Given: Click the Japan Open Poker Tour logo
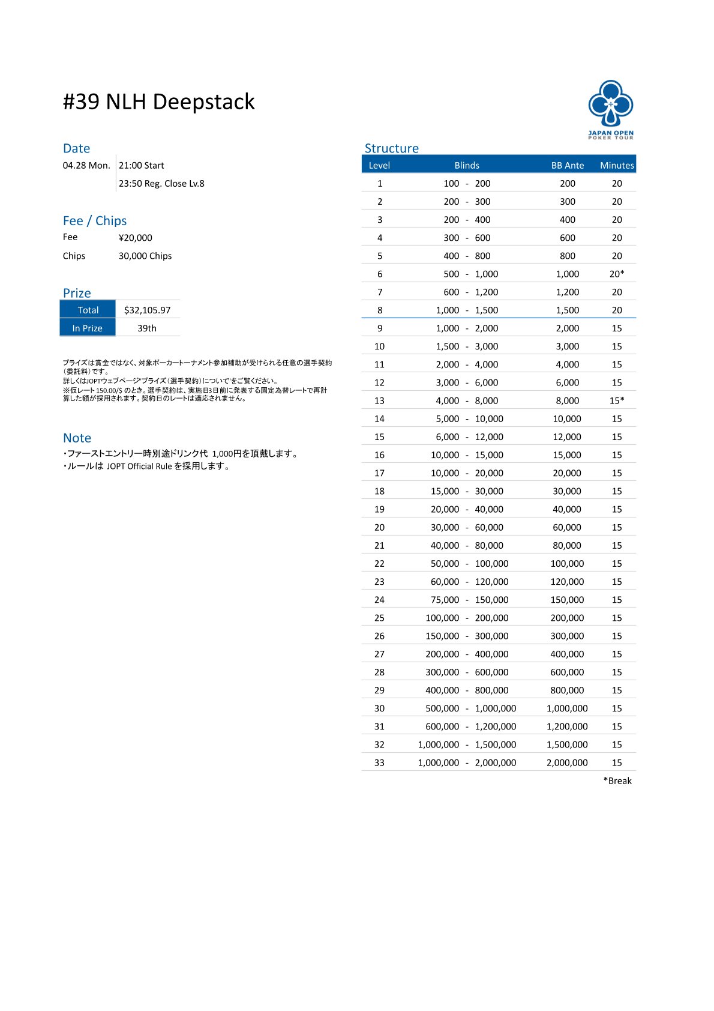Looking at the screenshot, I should (610, 109).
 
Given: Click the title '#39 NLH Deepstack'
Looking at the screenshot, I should (159, 102).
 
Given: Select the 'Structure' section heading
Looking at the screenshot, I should (391, 148).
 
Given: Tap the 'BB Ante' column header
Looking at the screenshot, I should (567, 165).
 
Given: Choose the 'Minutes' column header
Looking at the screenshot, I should (617, 165).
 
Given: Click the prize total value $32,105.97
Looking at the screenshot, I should (147, 310).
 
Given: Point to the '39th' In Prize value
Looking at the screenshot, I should (147, 328).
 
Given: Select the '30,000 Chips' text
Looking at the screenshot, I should (145, 256).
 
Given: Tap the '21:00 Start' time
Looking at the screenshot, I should (141, 165).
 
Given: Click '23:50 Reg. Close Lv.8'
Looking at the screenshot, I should (161, 183).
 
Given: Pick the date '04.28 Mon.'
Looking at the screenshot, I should (86, 165).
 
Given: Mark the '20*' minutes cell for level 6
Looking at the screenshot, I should (617, 274).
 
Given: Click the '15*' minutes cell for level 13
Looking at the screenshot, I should (617, 400).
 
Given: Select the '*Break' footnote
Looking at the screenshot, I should (617, 780).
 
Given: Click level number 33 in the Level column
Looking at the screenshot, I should (379, 762).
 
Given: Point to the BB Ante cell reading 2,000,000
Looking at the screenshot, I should (567, 762).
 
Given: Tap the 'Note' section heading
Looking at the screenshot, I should (77, 438).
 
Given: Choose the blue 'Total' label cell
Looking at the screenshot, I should (88, 310).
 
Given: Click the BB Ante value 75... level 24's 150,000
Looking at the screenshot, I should (567, 599).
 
